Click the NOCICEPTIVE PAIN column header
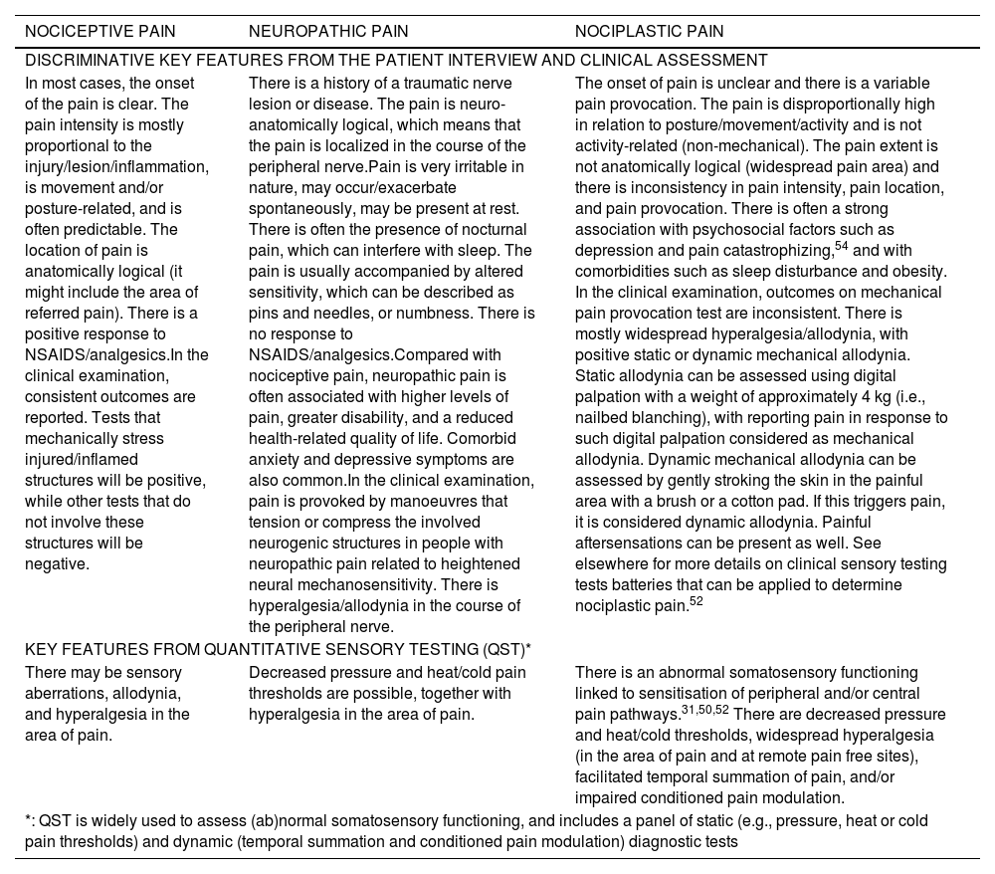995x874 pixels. click(93, 32)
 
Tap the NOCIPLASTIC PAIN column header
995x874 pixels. click(649, 32)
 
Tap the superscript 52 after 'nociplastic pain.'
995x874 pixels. click(697, 600)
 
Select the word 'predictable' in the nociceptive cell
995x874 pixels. click(129, 229)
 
